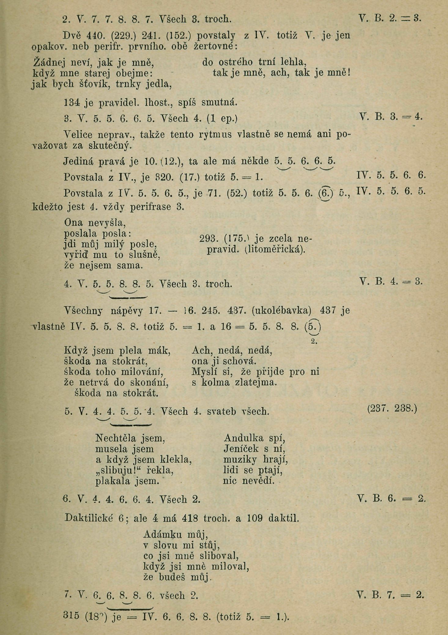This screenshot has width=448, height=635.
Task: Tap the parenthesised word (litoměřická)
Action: [275, 250]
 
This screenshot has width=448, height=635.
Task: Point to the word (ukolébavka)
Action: [282, 311]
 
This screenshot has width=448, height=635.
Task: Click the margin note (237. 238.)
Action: [392, 409]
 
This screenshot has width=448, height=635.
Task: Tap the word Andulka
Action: [244, 438]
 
